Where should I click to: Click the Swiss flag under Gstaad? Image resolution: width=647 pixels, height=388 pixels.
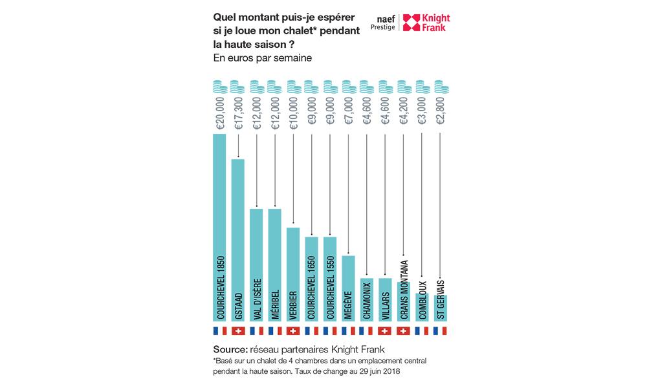238,331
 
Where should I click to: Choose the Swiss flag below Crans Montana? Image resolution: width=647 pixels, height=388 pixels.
404,331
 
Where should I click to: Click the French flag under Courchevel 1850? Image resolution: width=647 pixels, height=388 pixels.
219,331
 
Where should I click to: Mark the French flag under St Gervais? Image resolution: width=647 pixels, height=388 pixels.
441,331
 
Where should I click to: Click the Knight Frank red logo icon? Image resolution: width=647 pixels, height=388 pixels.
411,23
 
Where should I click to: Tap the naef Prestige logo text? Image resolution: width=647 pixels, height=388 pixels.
382,23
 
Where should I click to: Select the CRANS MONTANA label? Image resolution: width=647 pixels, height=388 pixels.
404,288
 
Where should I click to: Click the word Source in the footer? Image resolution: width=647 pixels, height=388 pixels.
231,349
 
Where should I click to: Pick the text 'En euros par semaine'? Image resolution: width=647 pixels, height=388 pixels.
263,58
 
